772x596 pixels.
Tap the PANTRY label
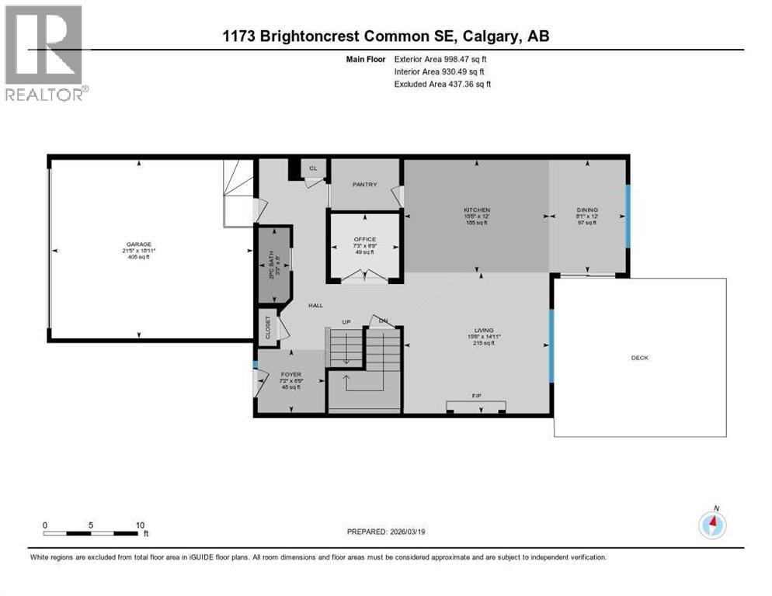[x=364, y=184]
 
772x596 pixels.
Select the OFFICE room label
[x=364, y=239]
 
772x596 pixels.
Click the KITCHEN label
[x=477, y=210]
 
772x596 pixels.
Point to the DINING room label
[x=586, y=210]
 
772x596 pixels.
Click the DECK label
[x=639, y=358]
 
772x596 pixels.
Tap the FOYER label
[x=290, y=376]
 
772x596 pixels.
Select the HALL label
[x=315, y=306]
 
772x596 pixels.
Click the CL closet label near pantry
[x=313, y=167]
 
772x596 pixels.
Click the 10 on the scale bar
[x=141, y=525]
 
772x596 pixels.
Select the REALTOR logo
[x=44, y=54]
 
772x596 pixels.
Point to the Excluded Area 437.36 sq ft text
[x=443, y=84]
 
